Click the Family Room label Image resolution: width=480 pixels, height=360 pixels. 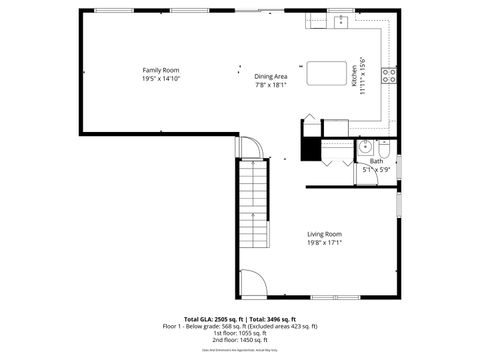point(161,70)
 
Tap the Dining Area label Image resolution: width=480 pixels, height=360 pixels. point(270,77)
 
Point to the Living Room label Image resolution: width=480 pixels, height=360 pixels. point(324,234)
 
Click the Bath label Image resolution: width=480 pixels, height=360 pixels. point(376,161)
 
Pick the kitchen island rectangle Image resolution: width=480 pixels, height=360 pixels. point(323,73)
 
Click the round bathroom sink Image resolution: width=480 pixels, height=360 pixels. point(362,149)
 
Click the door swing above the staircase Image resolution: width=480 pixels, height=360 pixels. point(252,148)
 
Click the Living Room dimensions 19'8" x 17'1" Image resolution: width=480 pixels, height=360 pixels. point(324,243)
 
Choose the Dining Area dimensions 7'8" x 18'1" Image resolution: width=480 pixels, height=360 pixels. point(270,85)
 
